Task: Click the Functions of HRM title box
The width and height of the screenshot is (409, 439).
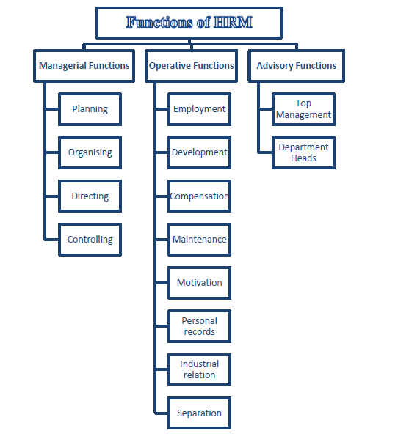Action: pos(189,23)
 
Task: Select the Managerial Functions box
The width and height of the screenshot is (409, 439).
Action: pos(84,66)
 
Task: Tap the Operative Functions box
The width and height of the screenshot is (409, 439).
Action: pos(191,66)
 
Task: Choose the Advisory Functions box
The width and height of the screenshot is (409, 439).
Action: pos(296,66)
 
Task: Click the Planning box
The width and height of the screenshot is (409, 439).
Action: pos(90,109)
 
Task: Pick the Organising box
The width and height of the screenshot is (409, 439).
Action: pos(90,152)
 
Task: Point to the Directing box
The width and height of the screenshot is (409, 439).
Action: pos(90,196)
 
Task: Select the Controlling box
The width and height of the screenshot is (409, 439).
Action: pos(90,240)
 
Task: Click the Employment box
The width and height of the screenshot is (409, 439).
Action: pos(199,109)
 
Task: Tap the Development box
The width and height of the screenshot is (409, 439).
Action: pos(199,152)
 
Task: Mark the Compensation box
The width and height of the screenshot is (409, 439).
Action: pos(199,196)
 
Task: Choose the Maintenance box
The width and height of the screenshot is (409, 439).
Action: pos(199,240)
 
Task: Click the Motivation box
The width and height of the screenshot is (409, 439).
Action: pos(199,283)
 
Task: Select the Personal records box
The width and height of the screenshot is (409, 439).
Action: pos(199,326)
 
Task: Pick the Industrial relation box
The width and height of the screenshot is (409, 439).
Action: pos(199,369)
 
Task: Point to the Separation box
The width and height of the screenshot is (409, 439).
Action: pos(199,413)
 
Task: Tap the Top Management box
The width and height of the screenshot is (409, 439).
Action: pos(303,109)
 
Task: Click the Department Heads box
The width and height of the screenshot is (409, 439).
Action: pos(303,152)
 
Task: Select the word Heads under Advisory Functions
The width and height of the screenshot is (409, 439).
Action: pos(303,158)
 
